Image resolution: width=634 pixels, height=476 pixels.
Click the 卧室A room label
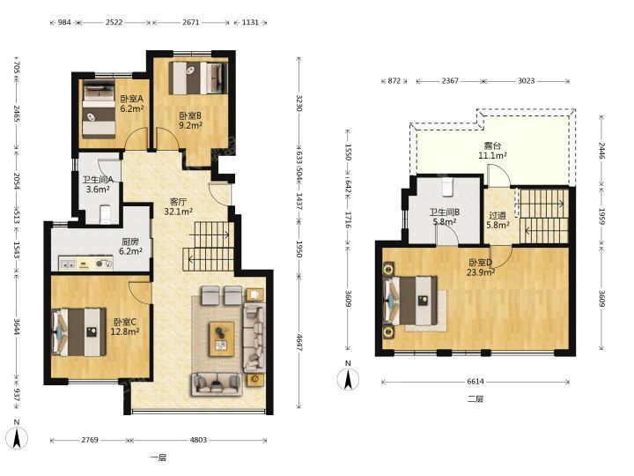pyautogui.click(x=132, y=99)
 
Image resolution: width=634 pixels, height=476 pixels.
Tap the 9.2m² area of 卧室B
pyautogui.click(x=190, y=125)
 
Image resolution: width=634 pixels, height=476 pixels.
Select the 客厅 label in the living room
pyautogui.click(x=178, y=202)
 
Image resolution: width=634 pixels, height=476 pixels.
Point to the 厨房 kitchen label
pyautogui.click(x=130, y=242)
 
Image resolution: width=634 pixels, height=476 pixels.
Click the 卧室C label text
pyautogui.click(x=125, y=323)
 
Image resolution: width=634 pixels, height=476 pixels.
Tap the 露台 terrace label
pyautogui.click(x=492, y=146)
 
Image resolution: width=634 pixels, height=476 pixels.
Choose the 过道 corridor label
pyautogui.click(x=498, y=216)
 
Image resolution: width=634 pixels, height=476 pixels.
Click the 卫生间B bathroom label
pyautogui.click(x=445, y=212)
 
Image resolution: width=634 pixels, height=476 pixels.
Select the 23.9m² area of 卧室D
pyautogui.click(x=481, y=272)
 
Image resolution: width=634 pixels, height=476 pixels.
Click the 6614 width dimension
pyautogui.click(x=475, y=382)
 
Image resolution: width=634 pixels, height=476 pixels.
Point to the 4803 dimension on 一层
pyautogui.click(x=198, y=440)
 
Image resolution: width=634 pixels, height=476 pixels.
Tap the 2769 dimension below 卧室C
pyautogui.click(x=89, y=440)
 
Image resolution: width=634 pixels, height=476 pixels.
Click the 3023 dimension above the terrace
pyautogui.click(x=526, y=81)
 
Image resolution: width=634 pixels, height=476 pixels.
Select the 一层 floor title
pyautogui.click(x=158, y=457)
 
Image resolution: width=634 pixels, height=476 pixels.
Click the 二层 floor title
pyautogui.click(x=475, y=398)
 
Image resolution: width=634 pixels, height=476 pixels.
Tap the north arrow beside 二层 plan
pyautogui.click(x=348, y=379)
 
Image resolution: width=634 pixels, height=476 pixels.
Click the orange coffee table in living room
pyautogui.click(x=222, y=338)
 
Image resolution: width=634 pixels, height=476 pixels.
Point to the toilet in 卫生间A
pyautogui.click(x=105, y=214)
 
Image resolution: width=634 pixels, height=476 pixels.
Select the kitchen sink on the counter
pyautogui.click(x=68, y=264)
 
